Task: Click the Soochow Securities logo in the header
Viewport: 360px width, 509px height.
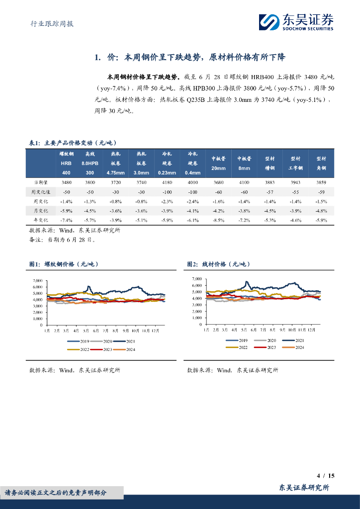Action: point(295,22)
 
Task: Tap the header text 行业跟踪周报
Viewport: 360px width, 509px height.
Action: point(49,23)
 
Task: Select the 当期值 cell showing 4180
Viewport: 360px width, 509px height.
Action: point(167,182)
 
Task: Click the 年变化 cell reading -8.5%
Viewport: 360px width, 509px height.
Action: point(219,220)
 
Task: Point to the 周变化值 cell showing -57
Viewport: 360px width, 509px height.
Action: point(270,192)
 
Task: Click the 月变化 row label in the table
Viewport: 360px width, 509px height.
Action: point(40,210)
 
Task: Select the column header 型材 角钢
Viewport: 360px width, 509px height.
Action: point(321,164)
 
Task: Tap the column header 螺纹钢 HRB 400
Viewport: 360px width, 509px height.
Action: point(67,164)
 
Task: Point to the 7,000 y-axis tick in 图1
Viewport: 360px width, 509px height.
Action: point(37,280)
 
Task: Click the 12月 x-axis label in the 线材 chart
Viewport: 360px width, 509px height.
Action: point(312,330)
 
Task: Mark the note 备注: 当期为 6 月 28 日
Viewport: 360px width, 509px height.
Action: point(62,240)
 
